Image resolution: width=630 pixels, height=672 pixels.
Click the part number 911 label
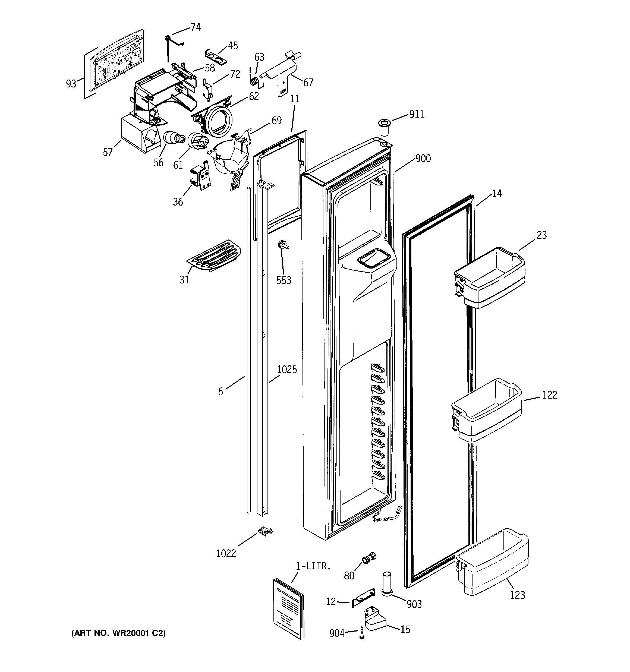pos(416,114)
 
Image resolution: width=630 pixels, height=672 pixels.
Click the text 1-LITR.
pos(313,566)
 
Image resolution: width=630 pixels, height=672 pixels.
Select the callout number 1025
pos(287,370)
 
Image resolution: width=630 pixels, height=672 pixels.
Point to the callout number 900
pos(423,158)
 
